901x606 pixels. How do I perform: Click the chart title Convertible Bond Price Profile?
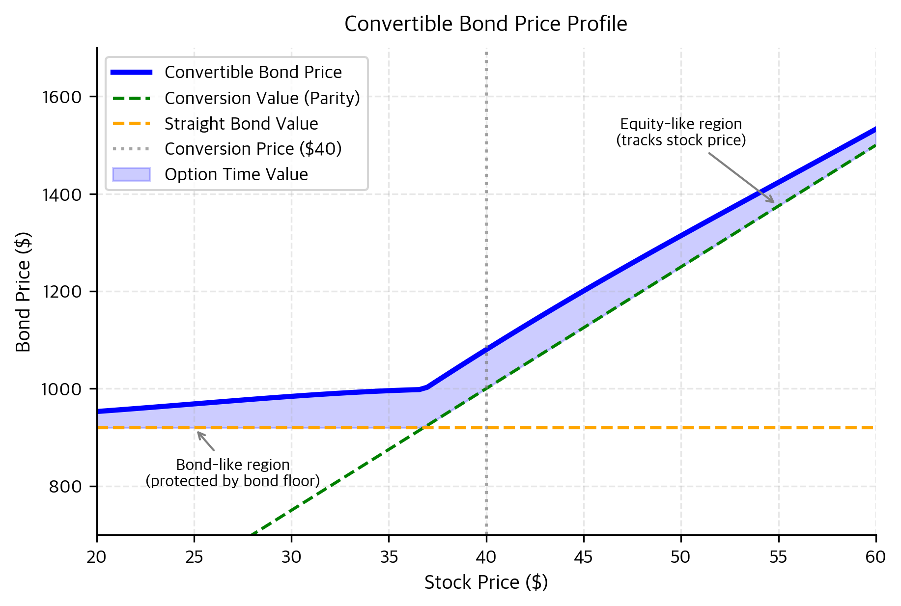(485, 24)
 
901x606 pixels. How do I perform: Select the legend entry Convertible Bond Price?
(253, 72)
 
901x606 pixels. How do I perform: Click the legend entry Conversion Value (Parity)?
(262, 98)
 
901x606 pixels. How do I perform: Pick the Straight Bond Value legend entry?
(241, 124)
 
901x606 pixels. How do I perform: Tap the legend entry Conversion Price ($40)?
(253, 149)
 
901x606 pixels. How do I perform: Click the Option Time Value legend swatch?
(131, 174)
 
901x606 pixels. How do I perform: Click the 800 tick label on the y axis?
(65, 487)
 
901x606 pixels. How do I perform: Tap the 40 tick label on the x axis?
(486, 557)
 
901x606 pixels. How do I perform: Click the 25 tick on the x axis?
(194, 557)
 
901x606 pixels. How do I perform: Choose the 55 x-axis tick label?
(778, 557)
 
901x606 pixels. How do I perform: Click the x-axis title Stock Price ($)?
(485, 582)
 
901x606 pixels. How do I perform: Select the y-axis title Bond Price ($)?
(23, 292)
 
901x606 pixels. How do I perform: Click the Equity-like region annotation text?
(681, 132)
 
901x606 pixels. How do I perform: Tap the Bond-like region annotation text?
(232, 473)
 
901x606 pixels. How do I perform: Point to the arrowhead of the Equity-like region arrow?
(773, 202)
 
